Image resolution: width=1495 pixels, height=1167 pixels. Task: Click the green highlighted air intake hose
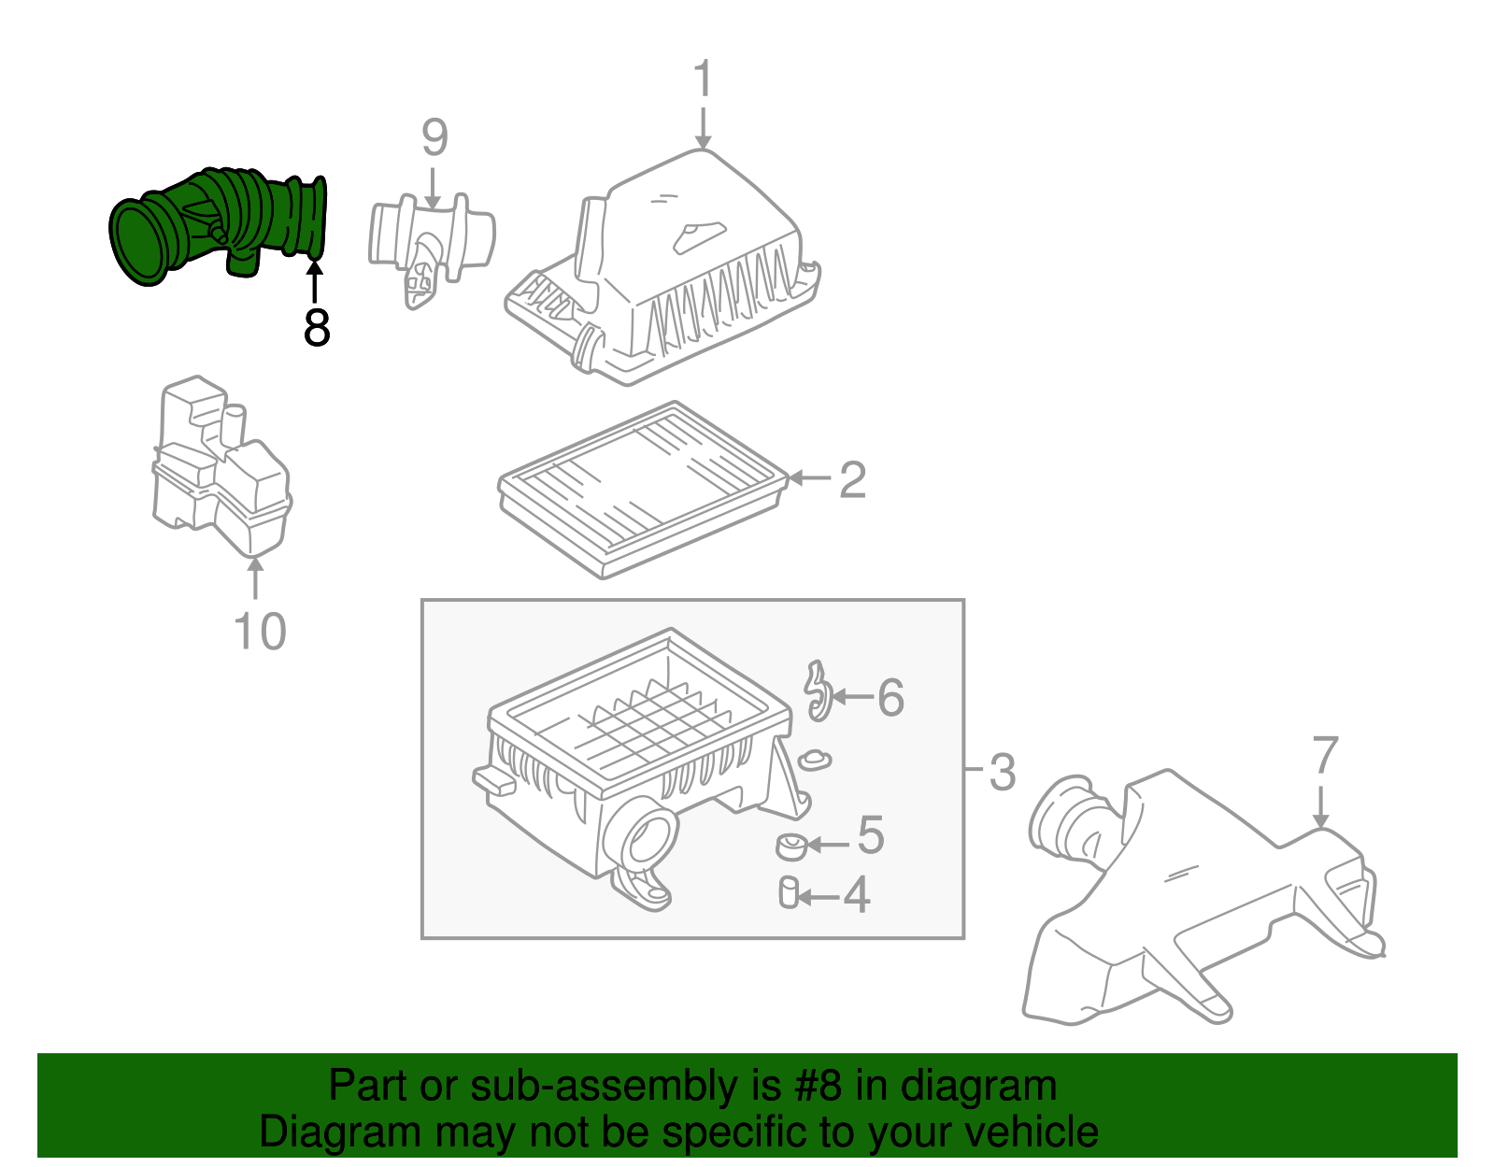pos(220,224)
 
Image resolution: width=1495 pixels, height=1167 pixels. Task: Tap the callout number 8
pos(317,328)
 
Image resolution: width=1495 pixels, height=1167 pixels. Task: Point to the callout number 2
pos(852,479)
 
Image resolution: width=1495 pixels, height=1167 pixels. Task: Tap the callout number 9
pos(434,137)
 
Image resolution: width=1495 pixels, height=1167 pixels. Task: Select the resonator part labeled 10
pos(221,467)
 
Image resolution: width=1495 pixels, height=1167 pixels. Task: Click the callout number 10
pos(259,632)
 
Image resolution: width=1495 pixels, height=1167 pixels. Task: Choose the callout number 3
pos(1002,773)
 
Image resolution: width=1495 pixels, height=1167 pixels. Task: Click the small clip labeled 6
pos(818,691)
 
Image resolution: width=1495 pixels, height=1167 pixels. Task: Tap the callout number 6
pos(890,698)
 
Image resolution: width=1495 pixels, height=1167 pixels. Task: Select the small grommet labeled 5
pos(791,847)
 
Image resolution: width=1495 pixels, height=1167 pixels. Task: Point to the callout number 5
pos(870,835)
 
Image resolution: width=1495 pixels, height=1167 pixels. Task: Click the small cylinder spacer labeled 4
pos(789,892)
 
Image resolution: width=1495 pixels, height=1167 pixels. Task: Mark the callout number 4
pos(856,895)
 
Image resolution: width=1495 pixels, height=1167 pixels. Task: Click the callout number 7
pos(1325,756)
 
